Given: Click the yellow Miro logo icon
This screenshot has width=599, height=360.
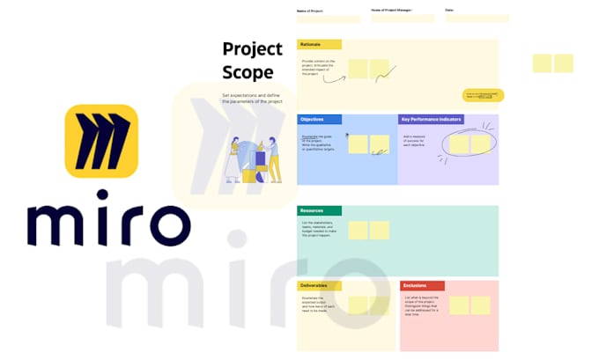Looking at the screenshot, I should pyautogui.click(x=101, y=141).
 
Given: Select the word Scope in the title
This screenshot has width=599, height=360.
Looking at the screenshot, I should pyautogui.click(x=248, y=72).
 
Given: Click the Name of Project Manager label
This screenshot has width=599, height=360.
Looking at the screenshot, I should pyautogui.click(x=391, y=11).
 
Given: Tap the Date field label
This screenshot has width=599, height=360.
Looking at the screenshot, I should pyautogui.click(x=450, y=11).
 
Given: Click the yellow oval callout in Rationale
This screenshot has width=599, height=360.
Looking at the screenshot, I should pyautogui.click(x=483, y=95).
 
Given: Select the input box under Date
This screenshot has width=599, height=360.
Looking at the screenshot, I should pyautogui.click(x=477, y=18).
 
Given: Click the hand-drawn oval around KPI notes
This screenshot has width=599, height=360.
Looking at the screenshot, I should pyautogui.click(x=468, y=143).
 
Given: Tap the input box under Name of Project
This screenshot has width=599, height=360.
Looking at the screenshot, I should pyautogui.click(x=329, y=18).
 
